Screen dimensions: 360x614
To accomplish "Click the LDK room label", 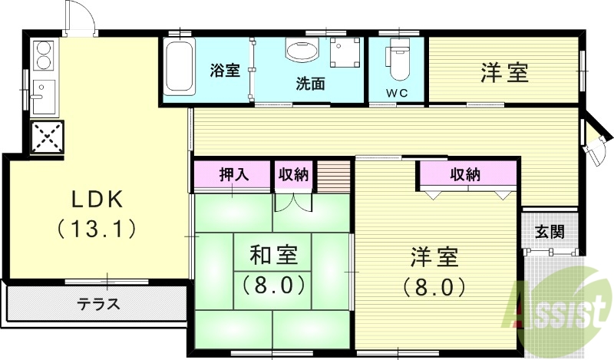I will point(97,199).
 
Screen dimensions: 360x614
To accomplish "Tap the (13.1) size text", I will point(97,228).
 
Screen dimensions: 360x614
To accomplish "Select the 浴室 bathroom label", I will point(225,71).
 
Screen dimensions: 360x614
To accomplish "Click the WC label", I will point(396,94).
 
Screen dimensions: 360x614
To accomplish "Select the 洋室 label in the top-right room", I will point(504,74).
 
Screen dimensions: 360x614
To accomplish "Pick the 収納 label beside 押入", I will point(293,174).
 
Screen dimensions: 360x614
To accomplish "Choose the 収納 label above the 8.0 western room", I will point(465,174).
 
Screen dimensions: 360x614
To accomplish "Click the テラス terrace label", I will point(98,304).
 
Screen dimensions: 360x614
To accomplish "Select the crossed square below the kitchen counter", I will point(47,137).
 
